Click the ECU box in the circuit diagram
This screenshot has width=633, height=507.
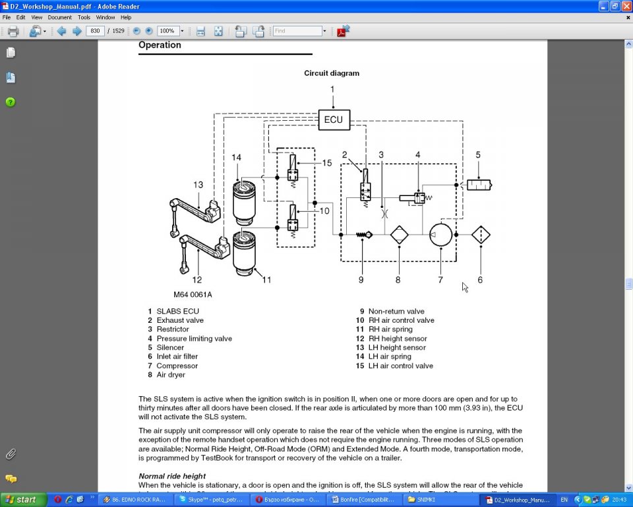pos(334,119)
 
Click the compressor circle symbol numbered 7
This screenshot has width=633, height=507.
pos(440,234)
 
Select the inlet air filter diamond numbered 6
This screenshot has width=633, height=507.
pos(481,234)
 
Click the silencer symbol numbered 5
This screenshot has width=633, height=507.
pos(479,185)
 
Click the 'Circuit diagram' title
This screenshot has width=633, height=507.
pos(331,73)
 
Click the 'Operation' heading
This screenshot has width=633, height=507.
pos(160,45)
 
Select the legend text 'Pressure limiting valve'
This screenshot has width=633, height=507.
pos(194,339)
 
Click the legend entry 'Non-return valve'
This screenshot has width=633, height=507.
pos(396,312)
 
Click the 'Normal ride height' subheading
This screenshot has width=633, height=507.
pos(171,476)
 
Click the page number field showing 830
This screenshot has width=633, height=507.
pos(96,31)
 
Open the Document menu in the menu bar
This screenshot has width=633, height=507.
pos(59,17)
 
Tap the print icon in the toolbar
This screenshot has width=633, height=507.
pos(13,31)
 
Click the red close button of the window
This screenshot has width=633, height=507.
pos(626,5)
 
